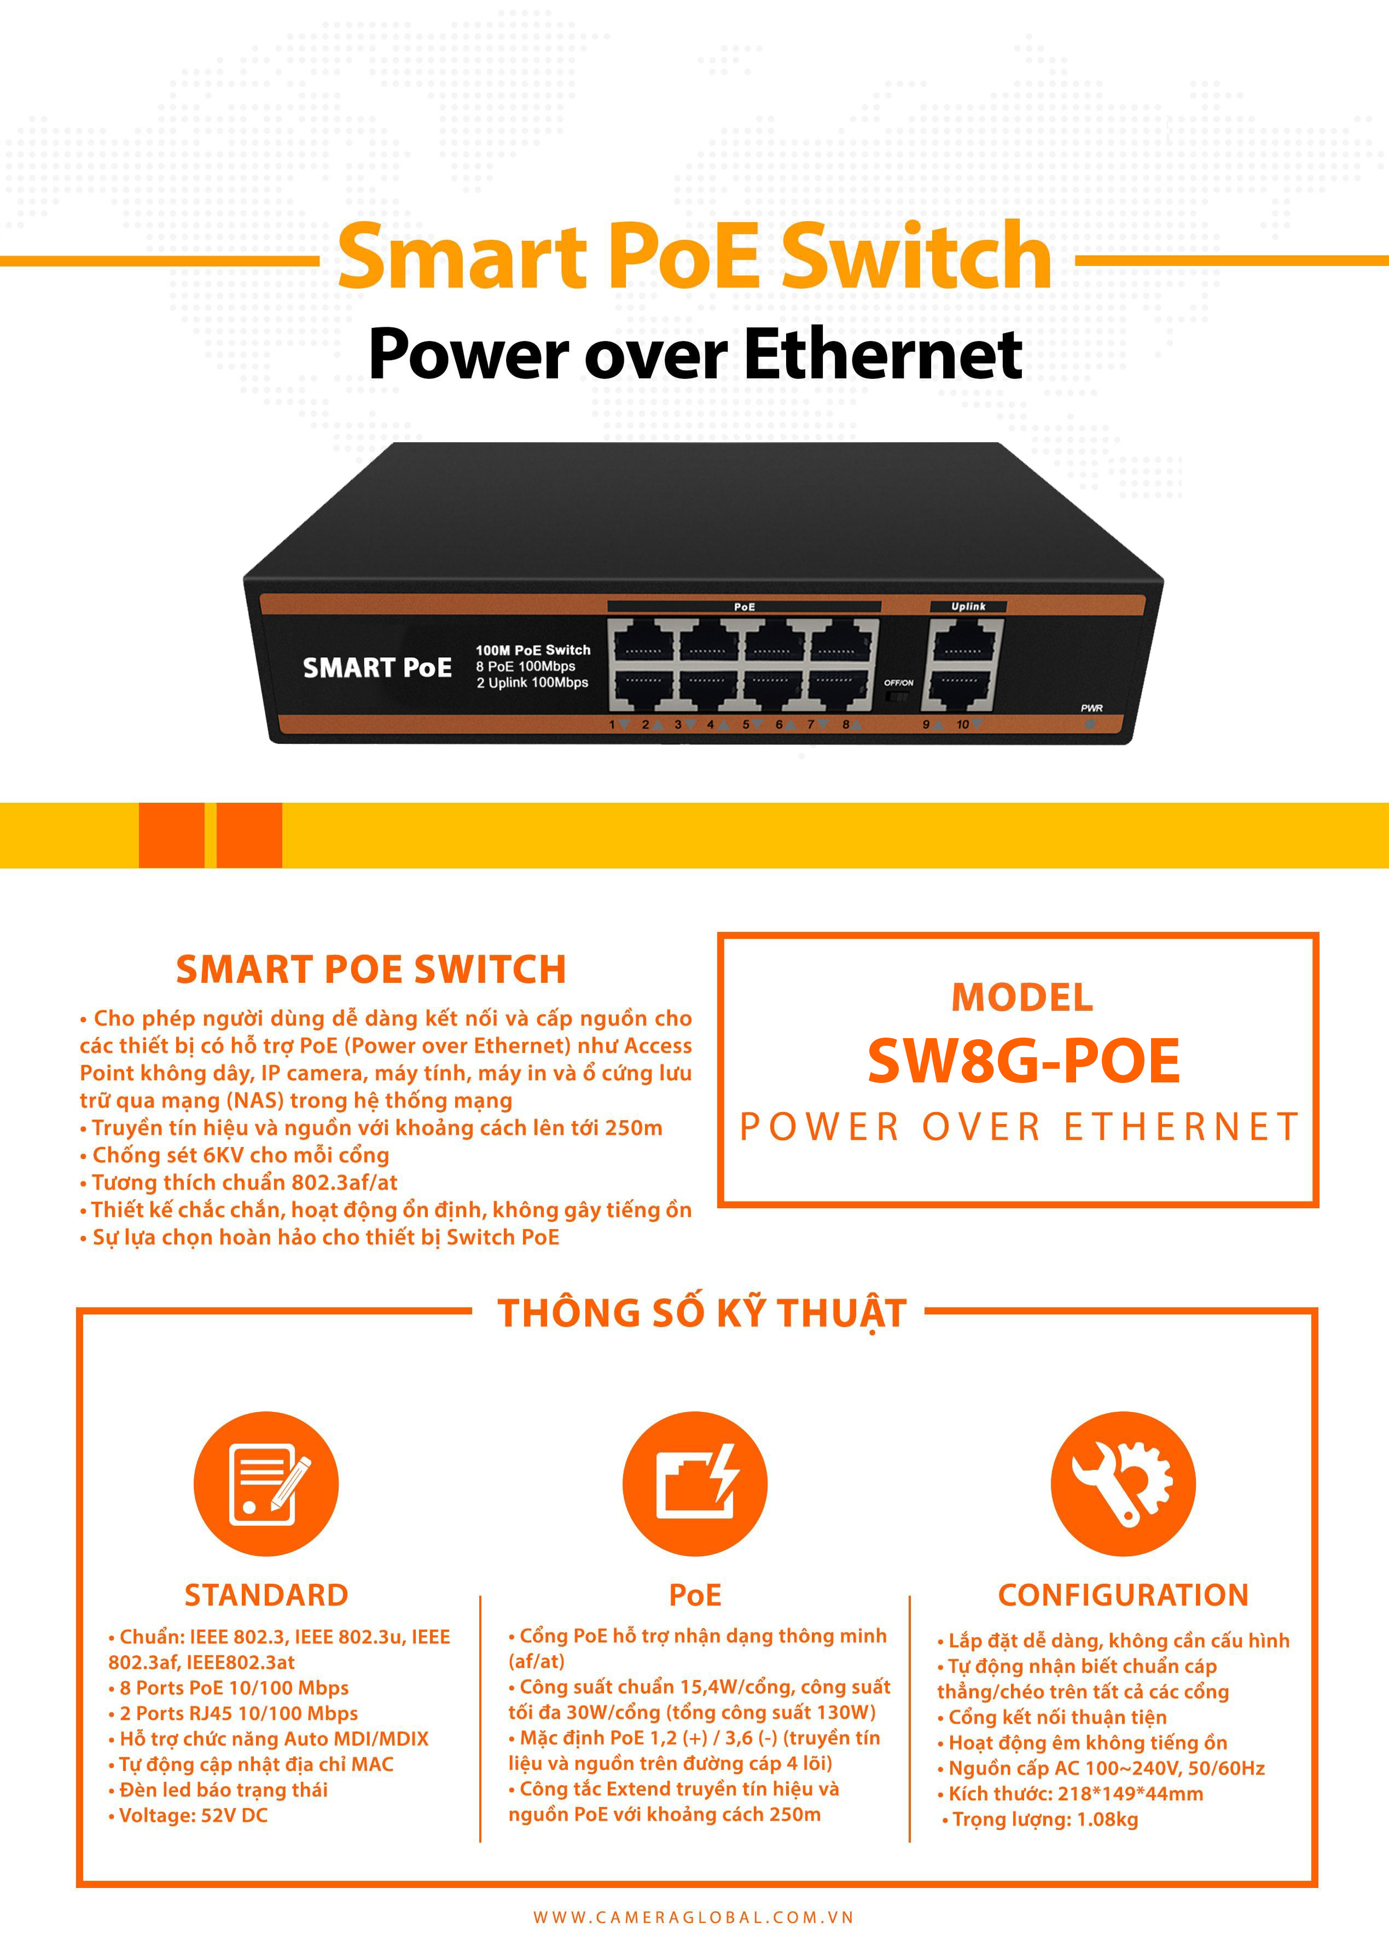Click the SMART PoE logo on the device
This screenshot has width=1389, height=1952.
[x=377, y=667]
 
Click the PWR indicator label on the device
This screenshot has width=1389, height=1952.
[x=1091, y=708]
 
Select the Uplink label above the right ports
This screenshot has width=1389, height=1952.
[x=968, y=606]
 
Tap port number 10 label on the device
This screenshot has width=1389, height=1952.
[x=963, y=725]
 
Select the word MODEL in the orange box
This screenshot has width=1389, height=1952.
[x=1023, y=998]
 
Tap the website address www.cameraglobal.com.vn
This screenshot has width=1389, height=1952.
[x=694, y=1918]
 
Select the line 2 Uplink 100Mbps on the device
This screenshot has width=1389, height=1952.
[x=532, y=682]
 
